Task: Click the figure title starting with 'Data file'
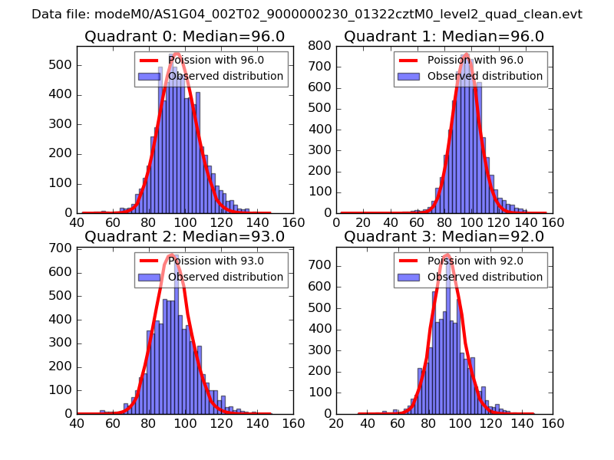click(307, 15)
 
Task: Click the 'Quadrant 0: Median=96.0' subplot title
click(184, 37)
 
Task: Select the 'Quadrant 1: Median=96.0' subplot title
click(444, 37)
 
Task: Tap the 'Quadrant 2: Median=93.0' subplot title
click(184, 237)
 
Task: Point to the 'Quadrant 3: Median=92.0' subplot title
click(444, 237)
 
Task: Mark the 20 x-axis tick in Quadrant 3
click(337, 423)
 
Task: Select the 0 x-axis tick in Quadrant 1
click(337, 223)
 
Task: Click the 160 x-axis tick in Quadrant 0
click(292, 223)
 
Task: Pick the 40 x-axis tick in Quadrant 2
click(78, 423)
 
